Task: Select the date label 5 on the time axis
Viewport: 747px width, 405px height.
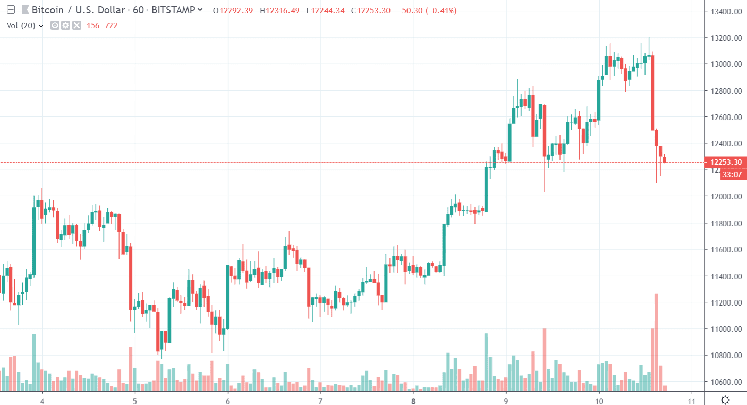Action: tap(135, 400)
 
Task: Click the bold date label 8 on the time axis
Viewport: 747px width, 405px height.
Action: tap(413, 400)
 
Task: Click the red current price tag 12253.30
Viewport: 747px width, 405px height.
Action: tap(726, 162)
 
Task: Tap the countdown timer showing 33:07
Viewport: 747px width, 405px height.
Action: tap(732, 175)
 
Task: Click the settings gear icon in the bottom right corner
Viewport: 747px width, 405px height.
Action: tap(725, 400)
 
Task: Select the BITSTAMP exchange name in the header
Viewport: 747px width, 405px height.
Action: tap(174, 10)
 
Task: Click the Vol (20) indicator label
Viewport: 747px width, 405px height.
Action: tap(21, 25)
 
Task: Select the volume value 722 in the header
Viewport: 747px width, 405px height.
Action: tap(111, 25)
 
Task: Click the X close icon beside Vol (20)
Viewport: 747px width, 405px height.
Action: tap(77, 25)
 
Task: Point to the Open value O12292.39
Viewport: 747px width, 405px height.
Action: tap(233, 10)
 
